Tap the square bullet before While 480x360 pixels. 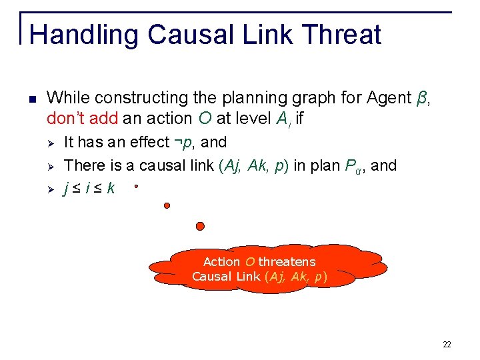32,99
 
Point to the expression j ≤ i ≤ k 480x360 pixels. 89,189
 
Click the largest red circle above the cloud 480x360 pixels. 199,226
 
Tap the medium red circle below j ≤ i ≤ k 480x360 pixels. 167,205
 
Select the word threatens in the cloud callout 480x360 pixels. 287,262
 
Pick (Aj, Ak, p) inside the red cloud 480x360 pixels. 296,277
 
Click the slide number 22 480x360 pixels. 447,345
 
